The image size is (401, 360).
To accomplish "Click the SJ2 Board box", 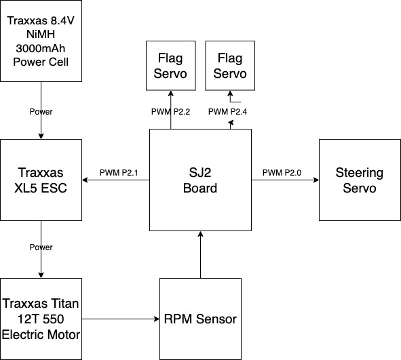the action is [x=200, y=180].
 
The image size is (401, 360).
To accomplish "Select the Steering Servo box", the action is [x=360, y=180].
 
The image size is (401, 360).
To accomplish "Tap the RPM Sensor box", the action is [x=201, y=319].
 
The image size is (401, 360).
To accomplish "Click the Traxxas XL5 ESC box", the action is [x=41, y=180].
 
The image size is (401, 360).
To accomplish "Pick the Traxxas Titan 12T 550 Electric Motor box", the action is [x=41, y=319].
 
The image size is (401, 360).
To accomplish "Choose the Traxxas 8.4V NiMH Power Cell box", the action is [x=41, y=41].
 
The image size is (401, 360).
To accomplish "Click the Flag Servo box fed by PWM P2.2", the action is [x=171, y=66].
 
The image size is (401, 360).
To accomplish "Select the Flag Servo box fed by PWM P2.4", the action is [x=230, y=66].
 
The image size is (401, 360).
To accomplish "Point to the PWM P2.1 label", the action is [x=119, y=173].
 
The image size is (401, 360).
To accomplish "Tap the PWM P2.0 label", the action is [x=282, y=173].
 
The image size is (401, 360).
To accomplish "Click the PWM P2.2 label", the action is [x=170, y=112].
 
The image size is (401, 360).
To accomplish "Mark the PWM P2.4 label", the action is [x=227, y=112].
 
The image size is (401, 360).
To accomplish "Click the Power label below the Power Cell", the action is [x=41, y=112].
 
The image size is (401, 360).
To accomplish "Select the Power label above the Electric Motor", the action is [x=41, y=247].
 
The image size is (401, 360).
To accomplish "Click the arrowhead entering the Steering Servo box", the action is [x=316, y=180].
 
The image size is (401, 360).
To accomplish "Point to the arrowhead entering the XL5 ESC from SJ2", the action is [x=85, y=180].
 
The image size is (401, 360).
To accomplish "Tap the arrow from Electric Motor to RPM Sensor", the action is [x=121, y=319].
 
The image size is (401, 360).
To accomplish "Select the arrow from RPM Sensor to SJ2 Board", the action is [x=201, y=254].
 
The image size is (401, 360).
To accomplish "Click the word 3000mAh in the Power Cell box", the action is [x=41, y=48].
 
